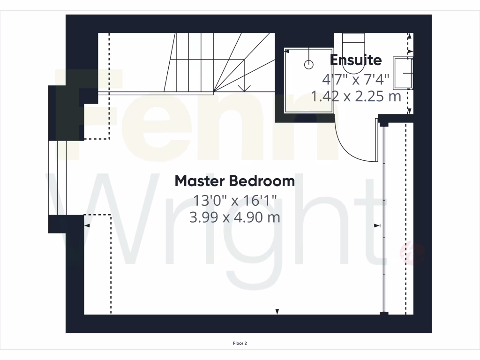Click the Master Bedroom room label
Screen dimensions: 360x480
click(x=235, y=181)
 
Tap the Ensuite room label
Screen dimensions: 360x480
click(x=356, y=60)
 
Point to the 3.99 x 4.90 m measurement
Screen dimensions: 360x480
click(x=235, y=217)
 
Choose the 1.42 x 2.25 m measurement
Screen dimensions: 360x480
click(x=356, y=97)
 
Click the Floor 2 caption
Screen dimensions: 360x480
click(x=240, y=344)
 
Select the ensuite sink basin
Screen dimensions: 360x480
click(x=403, y=73)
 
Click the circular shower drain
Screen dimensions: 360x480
click(x=308, y=65)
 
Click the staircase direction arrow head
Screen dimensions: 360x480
click(x=243, y=88)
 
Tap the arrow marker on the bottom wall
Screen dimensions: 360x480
click(x=277, y=311)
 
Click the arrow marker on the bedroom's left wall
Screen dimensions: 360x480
click(x=87, y=226)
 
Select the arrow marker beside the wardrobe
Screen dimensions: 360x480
click(x=377, y=226)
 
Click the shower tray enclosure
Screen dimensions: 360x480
click(x=309, y=81)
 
